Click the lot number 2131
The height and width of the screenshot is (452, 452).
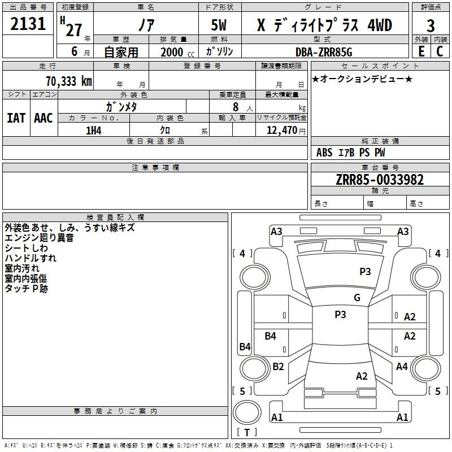28,24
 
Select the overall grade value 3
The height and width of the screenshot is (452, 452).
431,25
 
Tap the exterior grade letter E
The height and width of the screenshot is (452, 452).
421,51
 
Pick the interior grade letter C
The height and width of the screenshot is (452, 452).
440,51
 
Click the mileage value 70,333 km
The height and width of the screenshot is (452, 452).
69,81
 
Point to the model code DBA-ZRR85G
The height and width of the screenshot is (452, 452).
324,52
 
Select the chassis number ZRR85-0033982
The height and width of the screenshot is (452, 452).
380,180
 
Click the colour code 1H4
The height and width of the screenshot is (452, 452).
94,131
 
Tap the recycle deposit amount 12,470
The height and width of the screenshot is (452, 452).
281,131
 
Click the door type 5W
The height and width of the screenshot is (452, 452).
219,25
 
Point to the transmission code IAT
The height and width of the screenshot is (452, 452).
16,118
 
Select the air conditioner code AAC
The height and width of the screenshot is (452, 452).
44,118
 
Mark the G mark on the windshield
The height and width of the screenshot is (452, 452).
357,298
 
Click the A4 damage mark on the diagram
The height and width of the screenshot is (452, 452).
402,366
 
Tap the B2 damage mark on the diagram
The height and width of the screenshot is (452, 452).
278,366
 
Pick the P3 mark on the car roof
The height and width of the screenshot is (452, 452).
340,315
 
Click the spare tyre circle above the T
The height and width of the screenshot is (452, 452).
247,412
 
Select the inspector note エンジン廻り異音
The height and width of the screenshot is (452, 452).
39,238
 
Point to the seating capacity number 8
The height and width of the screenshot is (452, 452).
236,107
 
